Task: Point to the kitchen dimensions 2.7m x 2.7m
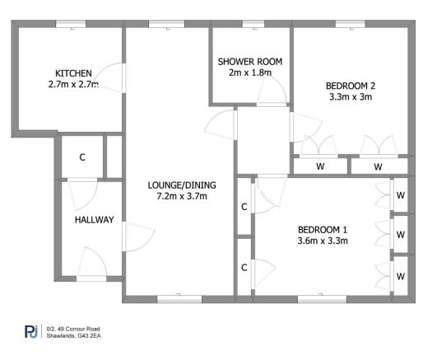click(73, 84)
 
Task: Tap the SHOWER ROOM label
click(250, 62)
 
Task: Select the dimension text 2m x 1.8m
click(250, 73)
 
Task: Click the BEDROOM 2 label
click(350, 85)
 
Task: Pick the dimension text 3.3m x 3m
click(350, 96)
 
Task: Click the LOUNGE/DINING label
click(177, 185)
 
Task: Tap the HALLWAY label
click(94, 220)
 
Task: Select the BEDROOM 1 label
click(323, 229)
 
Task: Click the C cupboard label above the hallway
click(82, 157)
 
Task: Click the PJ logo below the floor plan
click(30, 332)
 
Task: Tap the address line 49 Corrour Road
click(72, 329)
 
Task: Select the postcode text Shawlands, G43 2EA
click(74, 335)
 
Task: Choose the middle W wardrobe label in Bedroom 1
click(400, 234)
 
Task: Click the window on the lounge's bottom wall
click(179, 299)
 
